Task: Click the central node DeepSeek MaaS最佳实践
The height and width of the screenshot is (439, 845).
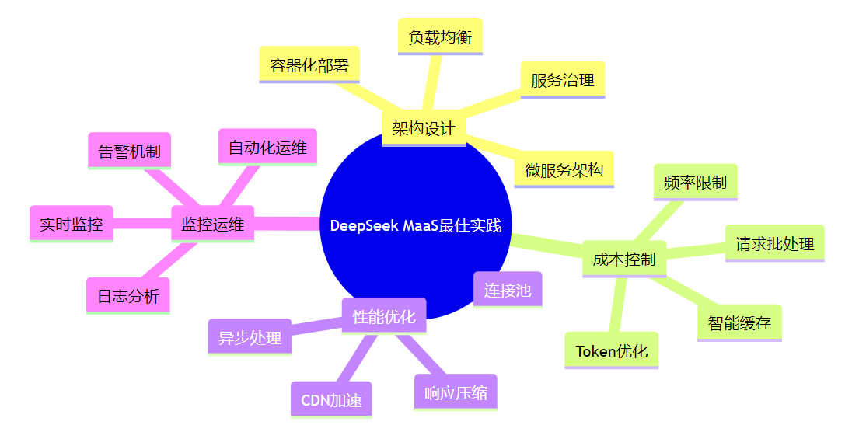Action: point(416,226)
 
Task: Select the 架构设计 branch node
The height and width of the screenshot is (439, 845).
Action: point(424,128)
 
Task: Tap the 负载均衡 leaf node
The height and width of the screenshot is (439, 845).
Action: point(440,37)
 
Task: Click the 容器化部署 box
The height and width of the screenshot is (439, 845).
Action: point(309,65)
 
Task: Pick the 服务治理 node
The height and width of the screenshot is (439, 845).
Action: point(562,80)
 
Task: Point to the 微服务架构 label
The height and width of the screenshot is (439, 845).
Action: point(564,169)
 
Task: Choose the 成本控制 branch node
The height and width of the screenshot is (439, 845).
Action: point(623,260)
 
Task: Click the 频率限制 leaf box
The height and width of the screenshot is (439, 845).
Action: point(695,183)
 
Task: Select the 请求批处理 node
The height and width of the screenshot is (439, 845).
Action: point(774,244)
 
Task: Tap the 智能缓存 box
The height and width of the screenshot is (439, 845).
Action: point(739,323)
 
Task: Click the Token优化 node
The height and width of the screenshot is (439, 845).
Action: point(611,350)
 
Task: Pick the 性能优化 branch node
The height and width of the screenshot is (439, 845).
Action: point(384,316)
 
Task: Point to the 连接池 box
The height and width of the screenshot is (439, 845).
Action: point(508,291)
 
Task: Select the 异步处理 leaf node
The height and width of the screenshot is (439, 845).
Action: point(250,337)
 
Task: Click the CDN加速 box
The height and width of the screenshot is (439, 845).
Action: point(331,400)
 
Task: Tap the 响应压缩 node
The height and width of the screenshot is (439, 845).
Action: point(456,392)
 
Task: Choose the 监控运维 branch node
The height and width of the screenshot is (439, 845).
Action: point(212,225)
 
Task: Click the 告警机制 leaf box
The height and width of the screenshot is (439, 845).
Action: point(129,151)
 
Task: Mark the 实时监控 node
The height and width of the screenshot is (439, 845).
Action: point(72,225)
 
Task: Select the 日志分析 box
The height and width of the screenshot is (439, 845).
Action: point(128,296)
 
